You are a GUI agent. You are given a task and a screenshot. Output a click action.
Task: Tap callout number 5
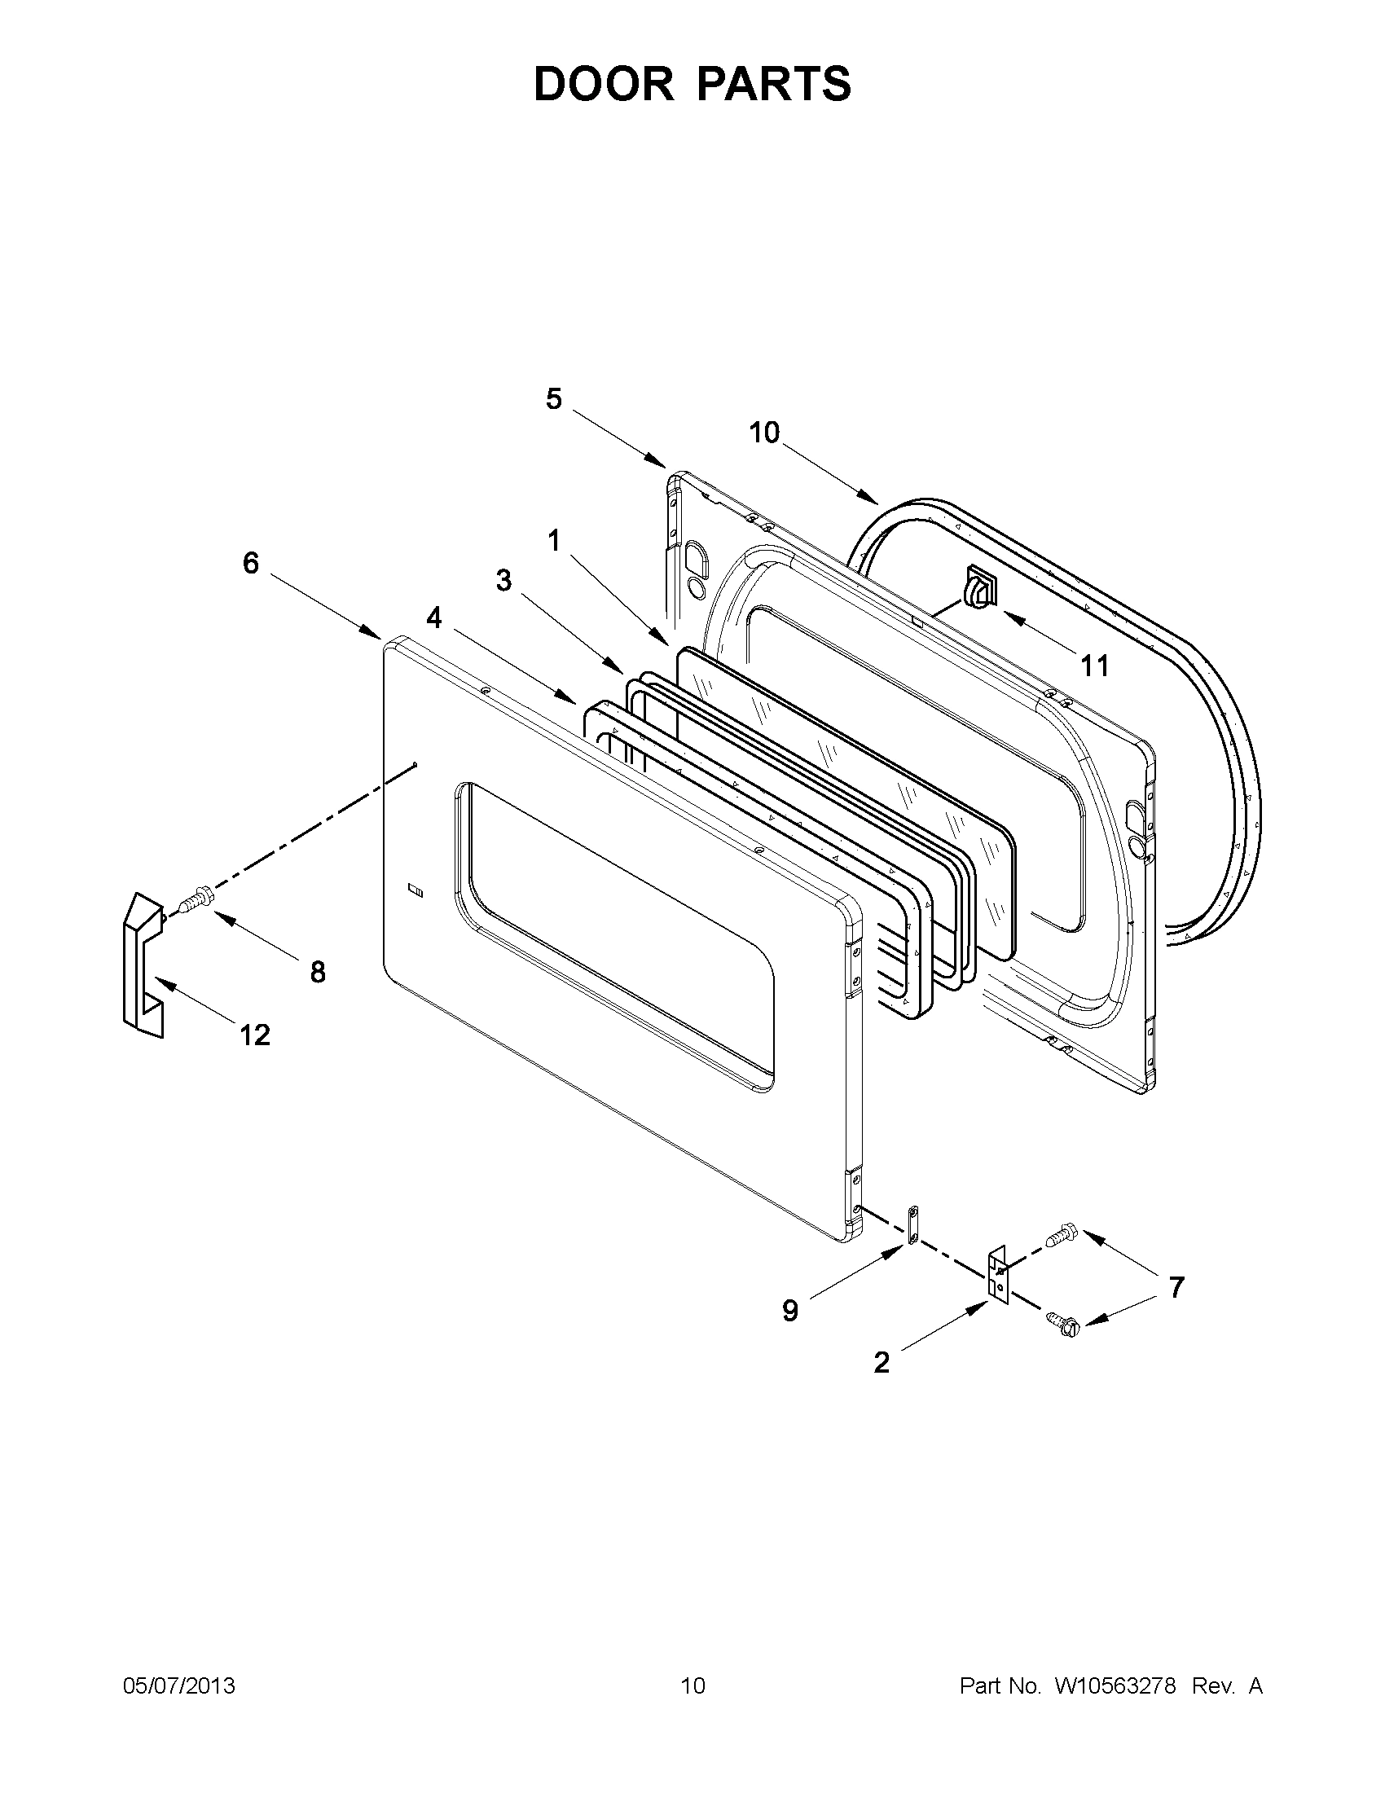coord(554,399)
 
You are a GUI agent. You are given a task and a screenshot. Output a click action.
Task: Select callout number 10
coord(764,433)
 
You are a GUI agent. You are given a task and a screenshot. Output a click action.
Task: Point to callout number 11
coord(1094,665)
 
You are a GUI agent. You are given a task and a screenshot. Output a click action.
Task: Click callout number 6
coord(250,563)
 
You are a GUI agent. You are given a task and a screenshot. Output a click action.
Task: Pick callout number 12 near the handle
coord(255,1035)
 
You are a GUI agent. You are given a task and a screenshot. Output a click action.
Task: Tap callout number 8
coord(318,972)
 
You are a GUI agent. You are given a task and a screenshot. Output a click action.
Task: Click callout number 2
coord(881,1364)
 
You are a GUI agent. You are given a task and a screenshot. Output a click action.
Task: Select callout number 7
coord(1176,1288)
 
